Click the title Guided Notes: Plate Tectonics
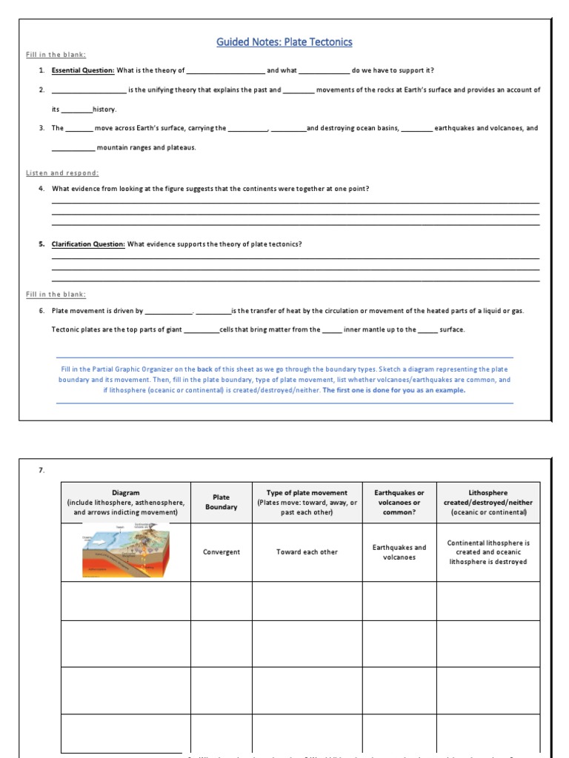[x=284, y=42]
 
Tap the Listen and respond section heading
[x=62, y=172]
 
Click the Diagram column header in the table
[x=125, y=502]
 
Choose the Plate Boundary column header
[x=221, y=502]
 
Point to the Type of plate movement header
[x=307, y=502]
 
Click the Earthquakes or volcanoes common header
[x=399, y=502]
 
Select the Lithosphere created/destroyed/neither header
[x=488, y=502]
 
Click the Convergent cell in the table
[x=221, y=552]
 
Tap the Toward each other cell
[x=307, y=552]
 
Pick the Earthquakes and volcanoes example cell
[x=399, y=552]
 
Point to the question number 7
[x=42, y=469]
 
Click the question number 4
[x=42, y=189]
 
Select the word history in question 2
[x=104, y=110]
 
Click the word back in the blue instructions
[x=204, y=369]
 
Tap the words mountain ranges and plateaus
[x=147, y=147]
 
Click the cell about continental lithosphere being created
[x=488, y=552]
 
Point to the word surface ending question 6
[x=452, y=329]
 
